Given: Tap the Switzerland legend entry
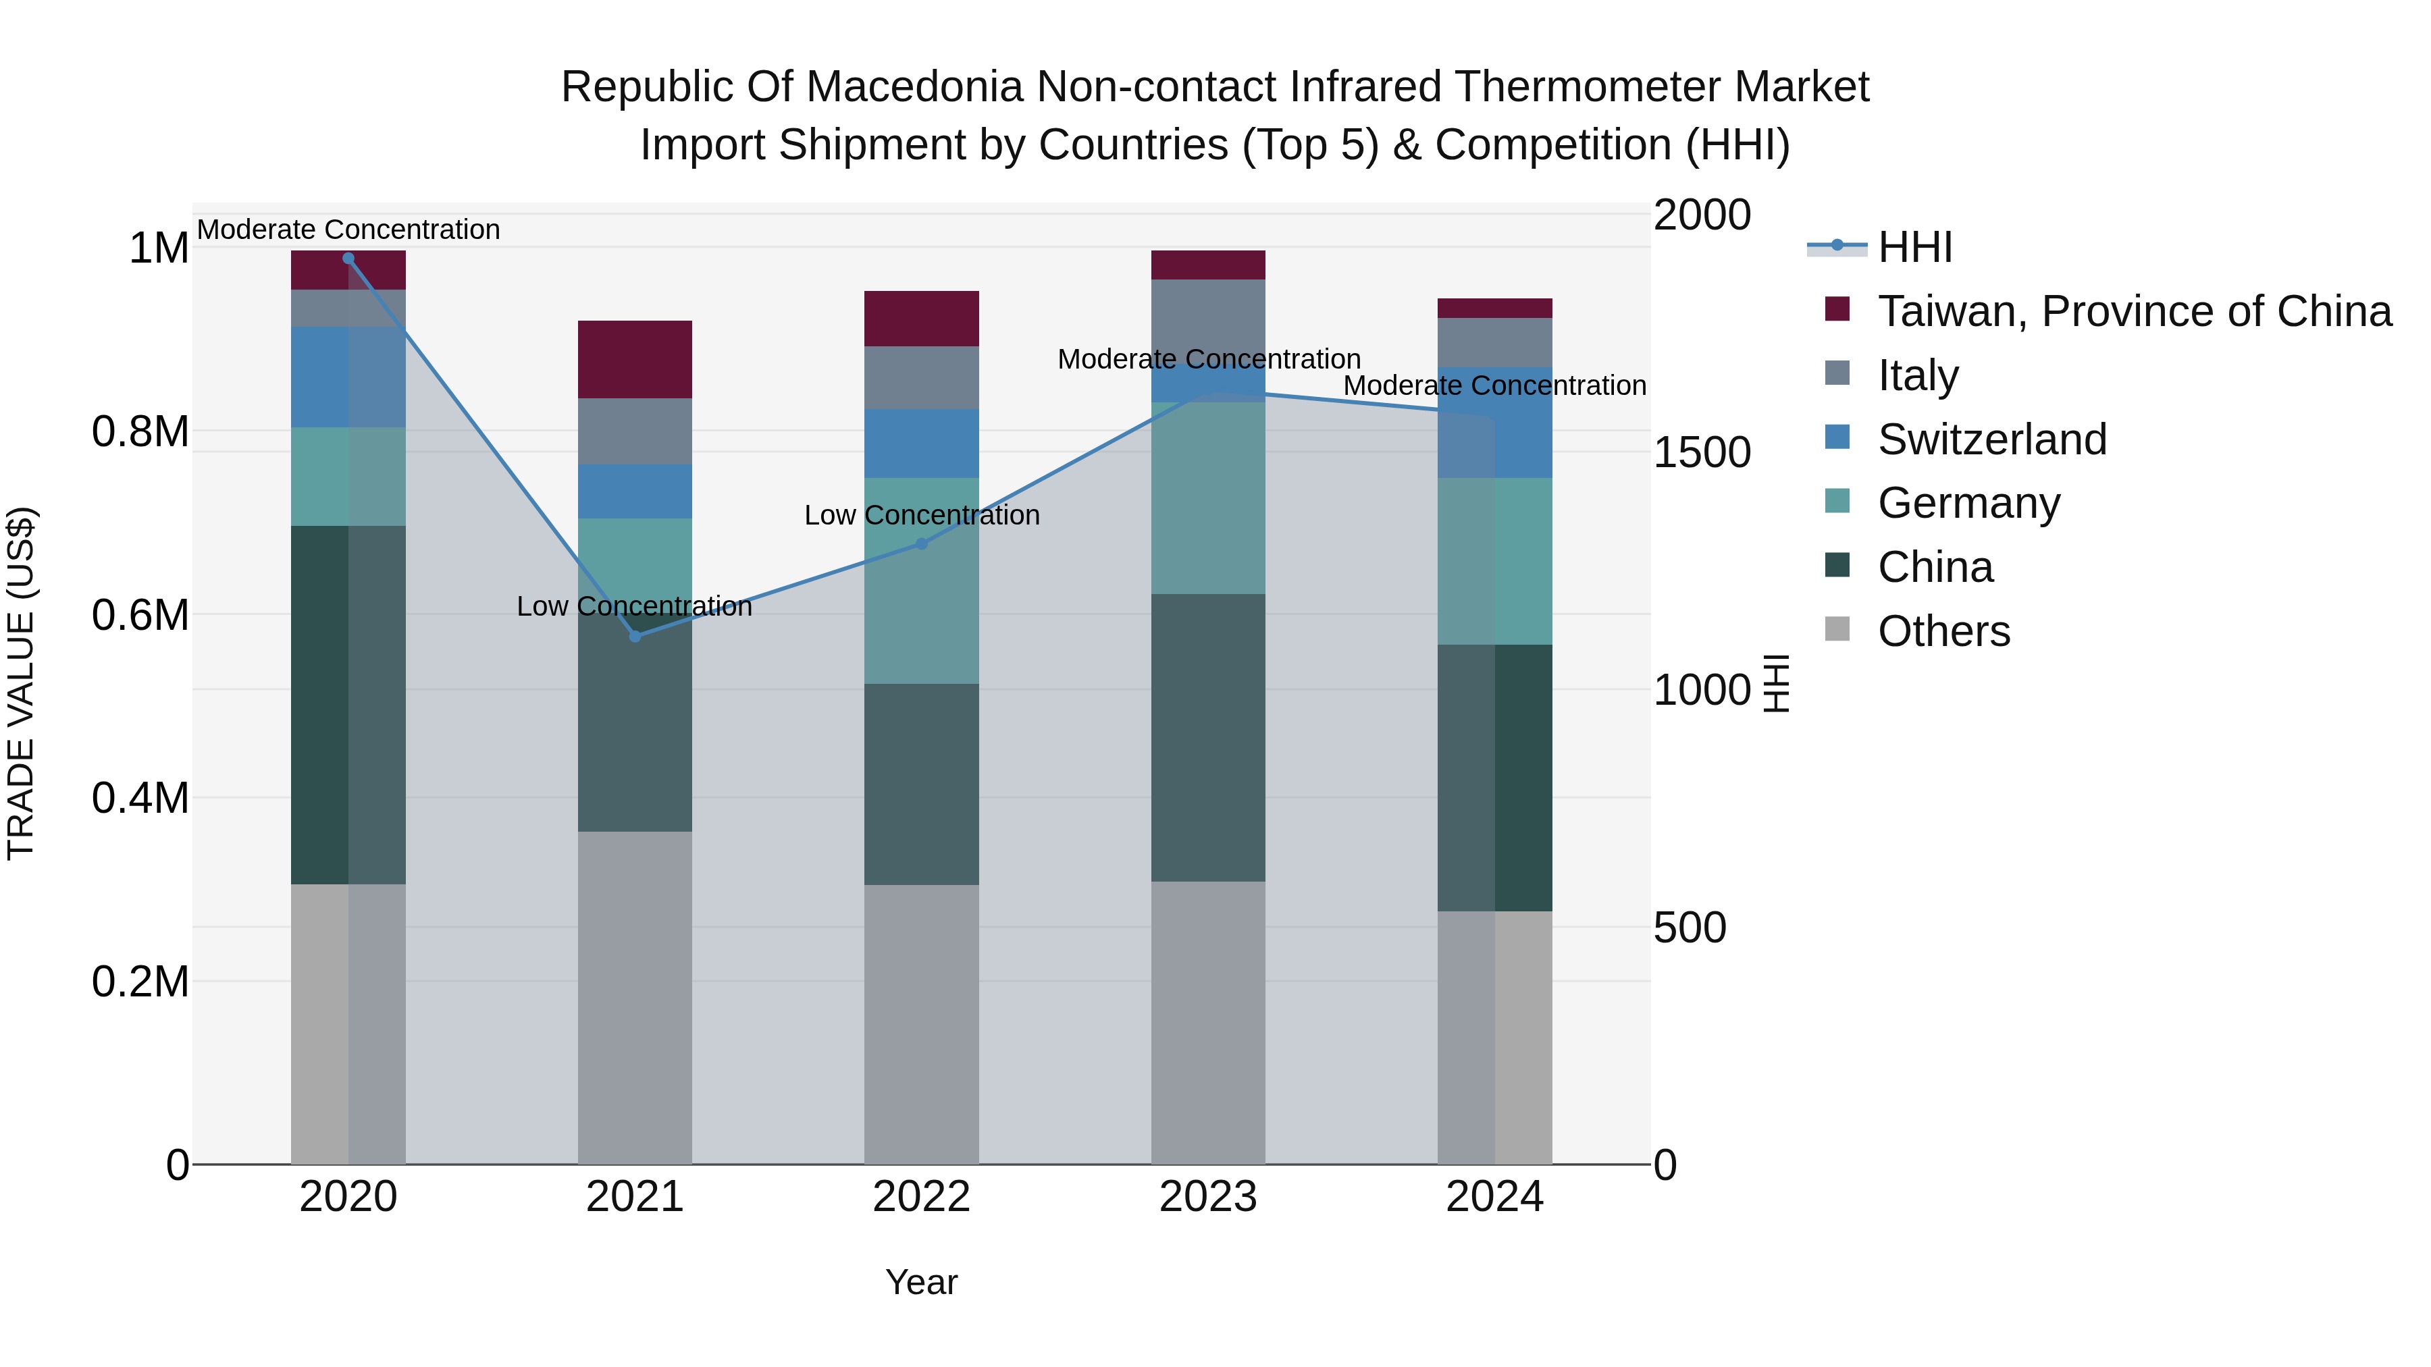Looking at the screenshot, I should (x=1991, y=439).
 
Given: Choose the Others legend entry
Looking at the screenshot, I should (x=1944, y=631).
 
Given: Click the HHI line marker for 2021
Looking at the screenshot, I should (x=635, y=637).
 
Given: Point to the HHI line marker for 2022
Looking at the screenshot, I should (x=922, y=543).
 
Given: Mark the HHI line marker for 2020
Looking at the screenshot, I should (x=348, y=259).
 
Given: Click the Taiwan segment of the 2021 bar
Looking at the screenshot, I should (x=635, y=359).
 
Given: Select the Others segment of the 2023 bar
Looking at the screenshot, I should (x=1208, y=1023).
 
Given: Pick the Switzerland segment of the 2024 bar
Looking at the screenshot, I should (x=1495, y=422).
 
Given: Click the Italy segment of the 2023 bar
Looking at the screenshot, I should (x=1208, y=321).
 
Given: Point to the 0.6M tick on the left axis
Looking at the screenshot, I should (x=140, y=615).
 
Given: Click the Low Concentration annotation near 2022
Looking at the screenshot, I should (x=922, y=515).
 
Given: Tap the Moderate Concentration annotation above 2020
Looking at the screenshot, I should (x=348, y=230).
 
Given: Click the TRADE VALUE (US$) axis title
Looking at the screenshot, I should (x=21, y=683).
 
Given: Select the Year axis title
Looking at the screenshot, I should (x=922, y=1282).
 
